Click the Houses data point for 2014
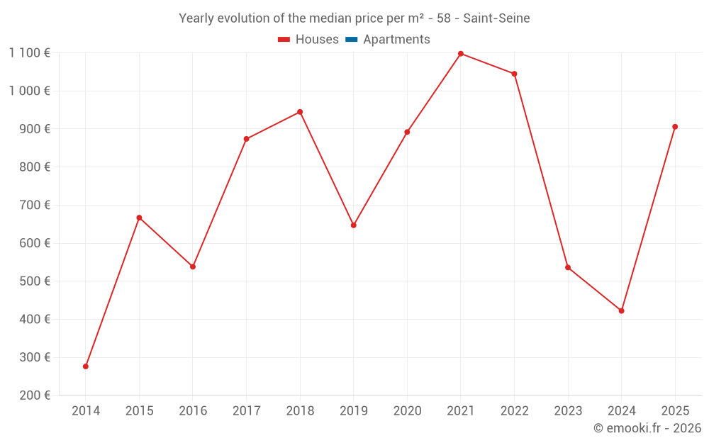[x=86, y=366]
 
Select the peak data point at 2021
[x=461, y=54]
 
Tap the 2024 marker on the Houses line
[x=622, y=311]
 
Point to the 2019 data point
[x=354, y=225]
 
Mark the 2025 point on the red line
[x=675, y=127]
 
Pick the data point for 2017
[x=246, y=139]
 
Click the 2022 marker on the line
[x=515, y=74]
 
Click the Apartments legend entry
[x=396, y=40]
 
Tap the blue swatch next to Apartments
[x=351, y=40]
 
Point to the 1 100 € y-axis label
[x=30, y=52]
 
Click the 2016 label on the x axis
[x=193, y=411]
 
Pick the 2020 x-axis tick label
[x=407, y=411]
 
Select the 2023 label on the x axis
[x=568, y=411]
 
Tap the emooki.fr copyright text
[x=647, y=428]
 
